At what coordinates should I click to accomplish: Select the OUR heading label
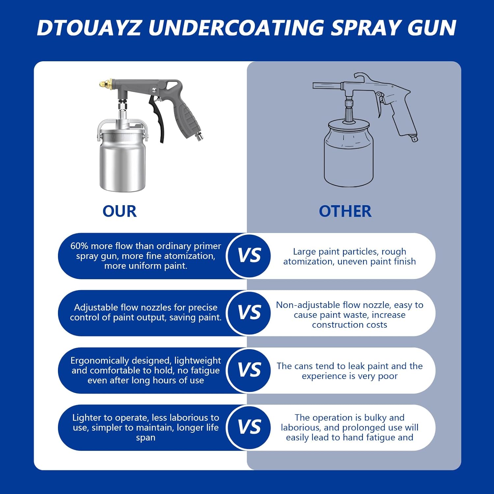point(120,211)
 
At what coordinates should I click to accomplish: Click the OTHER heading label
point(345,211)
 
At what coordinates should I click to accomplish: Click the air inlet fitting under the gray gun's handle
point(200,136)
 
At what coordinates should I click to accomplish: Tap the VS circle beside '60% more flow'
point(249,256)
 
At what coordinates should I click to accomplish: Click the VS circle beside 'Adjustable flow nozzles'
point(249,313)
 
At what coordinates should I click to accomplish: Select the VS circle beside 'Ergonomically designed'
point(249,370)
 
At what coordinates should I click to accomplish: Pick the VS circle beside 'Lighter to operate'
point(249,427)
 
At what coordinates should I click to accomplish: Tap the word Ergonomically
point(99,361)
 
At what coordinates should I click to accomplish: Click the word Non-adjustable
point(308,305)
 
